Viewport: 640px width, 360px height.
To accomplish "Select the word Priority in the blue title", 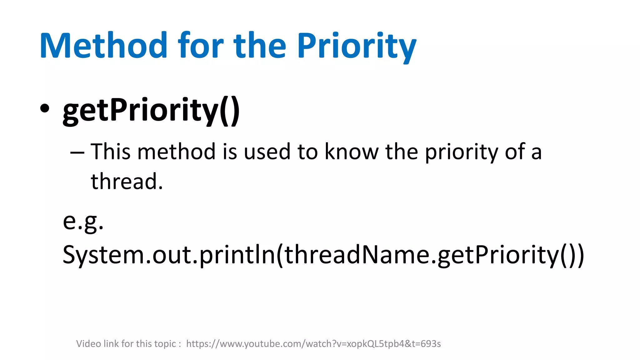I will point(357,46).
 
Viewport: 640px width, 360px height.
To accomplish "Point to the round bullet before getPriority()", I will point(45,108).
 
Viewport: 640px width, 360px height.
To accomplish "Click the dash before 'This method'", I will point(77,152).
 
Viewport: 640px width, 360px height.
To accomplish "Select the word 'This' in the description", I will point(110,152).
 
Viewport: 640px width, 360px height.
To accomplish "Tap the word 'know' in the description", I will point(351,152).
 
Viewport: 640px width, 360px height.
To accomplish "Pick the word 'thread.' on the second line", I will point(127,182).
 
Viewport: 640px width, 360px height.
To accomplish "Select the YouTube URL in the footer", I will point(313,344).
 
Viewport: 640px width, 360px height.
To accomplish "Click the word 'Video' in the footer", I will point(89,344).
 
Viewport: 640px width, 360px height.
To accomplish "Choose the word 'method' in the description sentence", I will point(176,152).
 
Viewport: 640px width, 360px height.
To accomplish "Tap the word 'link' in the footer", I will point(111,344).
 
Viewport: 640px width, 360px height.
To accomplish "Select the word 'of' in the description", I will point(517,152).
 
